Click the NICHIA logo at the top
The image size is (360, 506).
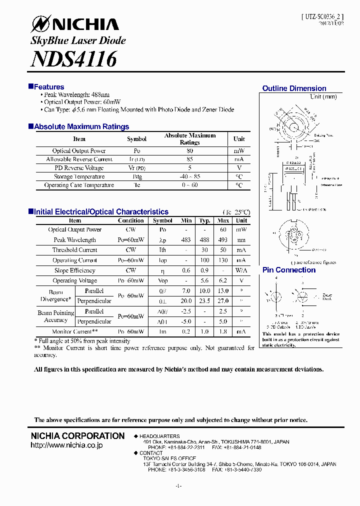(x=75, y=24)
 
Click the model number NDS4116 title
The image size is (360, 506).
(x=73, y=59)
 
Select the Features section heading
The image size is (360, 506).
(x=48, y=87)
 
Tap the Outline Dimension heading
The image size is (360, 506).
(x=294, y=88)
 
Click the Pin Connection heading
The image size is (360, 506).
(x=289, y=270)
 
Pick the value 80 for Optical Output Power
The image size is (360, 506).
(x=189, y=151)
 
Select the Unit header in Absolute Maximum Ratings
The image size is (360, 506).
(x=239, y=139)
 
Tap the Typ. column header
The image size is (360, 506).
(x=204, y=220)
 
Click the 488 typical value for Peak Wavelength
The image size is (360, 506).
(x=204, y=240)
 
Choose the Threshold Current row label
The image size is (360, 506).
(x=75, y=250)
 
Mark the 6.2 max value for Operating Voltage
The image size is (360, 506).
(x=223, y=281)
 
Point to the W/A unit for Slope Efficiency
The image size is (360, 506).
(x=241, y=270)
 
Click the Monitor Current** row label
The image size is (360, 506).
(x=74, y=332)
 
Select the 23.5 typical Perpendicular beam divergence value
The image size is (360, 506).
(x=204, y=301)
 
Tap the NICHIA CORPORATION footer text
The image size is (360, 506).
(x=78, y=436)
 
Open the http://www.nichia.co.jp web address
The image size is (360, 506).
(x=67, y=445)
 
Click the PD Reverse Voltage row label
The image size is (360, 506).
(x=79, y=168)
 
